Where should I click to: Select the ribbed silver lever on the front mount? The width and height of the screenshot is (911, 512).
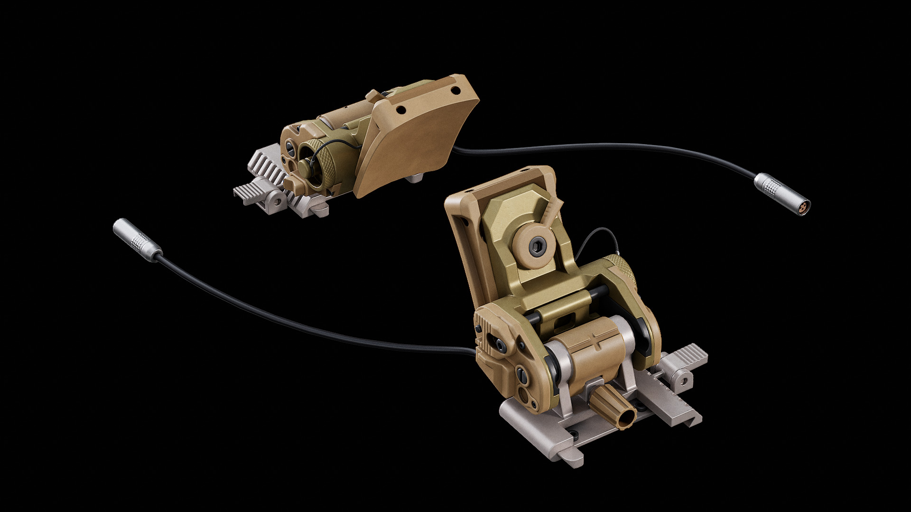tap(688, 363)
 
